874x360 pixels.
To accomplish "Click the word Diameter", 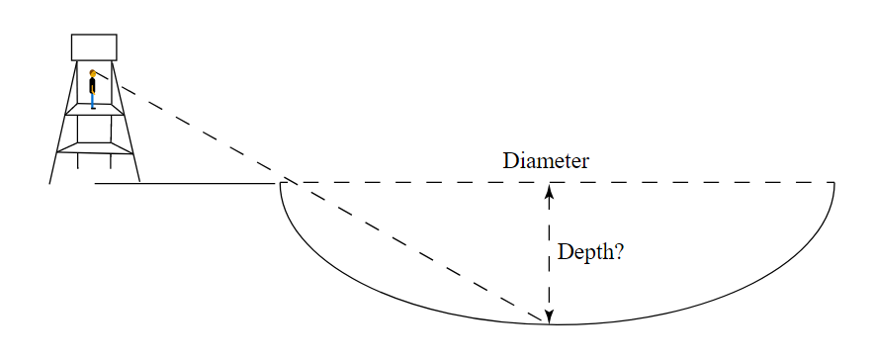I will pyautogui.click(x=546, y=161).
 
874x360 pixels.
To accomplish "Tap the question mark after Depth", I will pyautogui.click(x=617, y=252).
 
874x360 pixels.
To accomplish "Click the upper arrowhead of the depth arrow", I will pyautogui.click(x=550, y=191).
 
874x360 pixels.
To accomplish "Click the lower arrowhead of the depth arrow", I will pyautogui.click(x=550, y=316).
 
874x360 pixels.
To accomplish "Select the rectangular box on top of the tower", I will pyautogui.click(x=94, y=47).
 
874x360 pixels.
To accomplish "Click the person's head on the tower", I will pyautogui.click(x=93, y=73).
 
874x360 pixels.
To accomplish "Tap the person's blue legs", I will pyautogui.click(x=93, y=100).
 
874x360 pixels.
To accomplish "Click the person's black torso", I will pyautogui.click(x=93, y=85).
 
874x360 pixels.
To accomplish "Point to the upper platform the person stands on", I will pyautogui.click(x=94, y=111).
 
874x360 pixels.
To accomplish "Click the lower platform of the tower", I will pyautogui.click(x=94, y=148).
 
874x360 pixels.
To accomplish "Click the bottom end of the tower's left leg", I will pyautogui.click(x=50, y=183).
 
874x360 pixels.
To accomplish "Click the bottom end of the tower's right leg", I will pyautogui.click(x=139, y=181).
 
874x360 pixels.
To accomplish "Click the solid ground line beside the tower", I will pyautogui.click(x=188, y=183).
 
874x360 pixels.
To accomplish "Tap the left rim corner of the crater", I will pyautogui.click(x=281, y=183).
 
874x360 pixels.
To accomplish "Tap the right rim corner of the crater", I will pyautogui.click(x=834, y=183).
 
